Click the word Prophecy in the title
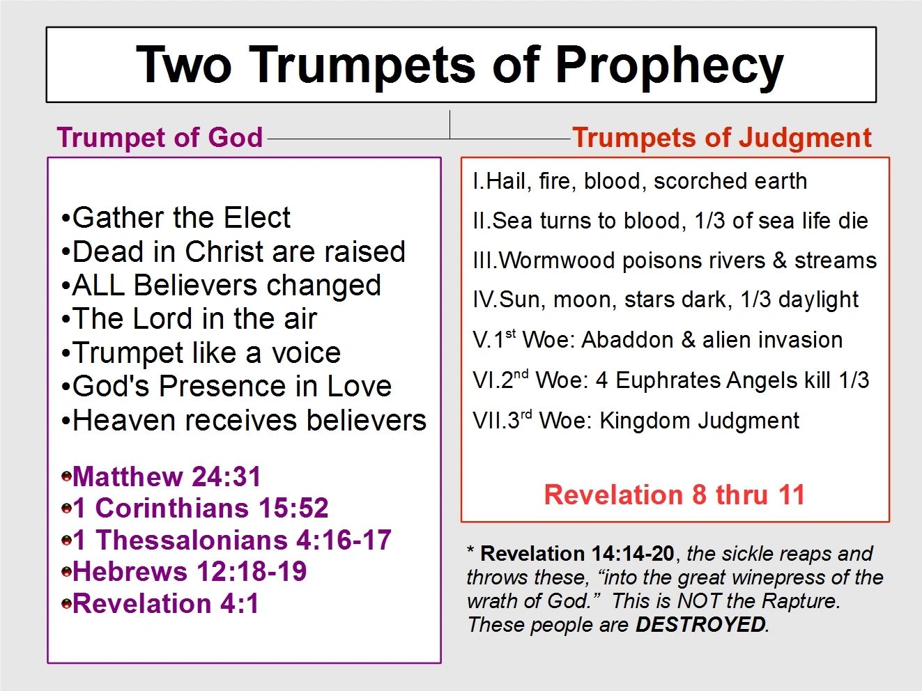tap(670, 66)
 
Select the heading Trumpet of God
tap(160, 137)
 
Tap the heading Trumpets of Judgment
tap(722, 138)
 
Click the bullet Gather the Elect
tap(176, 217)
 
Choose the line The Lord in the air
tap(189, 318)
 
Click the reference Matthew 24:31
tap(167, 476)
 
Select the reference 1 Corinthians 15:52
tap(201, 508)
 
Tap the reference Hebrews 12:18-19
tap(190, 571)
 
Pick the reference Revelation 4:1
tap(165, 604)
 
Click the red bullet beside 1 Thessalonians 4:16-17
tap(66, 540)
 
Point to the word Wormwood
tap(558, 261)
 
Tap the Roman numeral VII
tap(489, 420)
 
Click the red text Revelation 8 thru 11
tap(674, 495)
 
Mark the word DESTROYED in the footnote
tap(700, 625)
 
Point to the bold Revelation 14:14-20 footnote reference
tap(577, 554)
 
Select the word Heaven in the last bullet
tap(124, 420)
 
